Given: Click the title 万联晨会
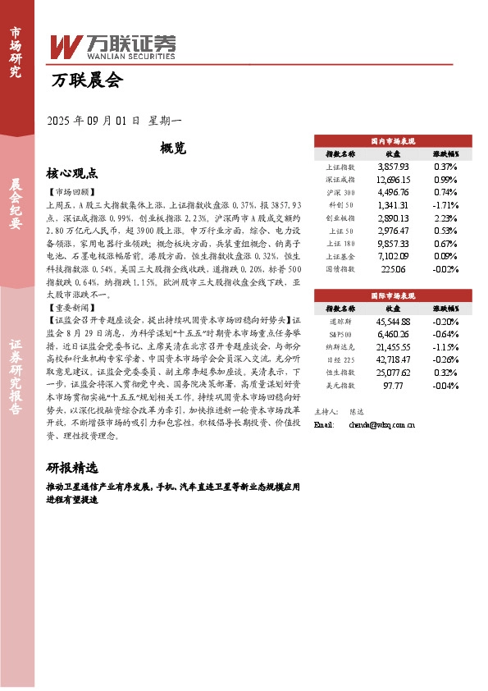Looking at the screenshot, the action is tap(87, 80).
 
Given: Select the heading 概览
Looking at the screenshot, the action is tap(174, 149).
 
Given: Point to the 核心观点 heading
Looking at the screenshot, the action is tap(73, 173).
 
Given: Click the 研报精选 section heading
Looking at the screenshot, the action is tap(73, 468).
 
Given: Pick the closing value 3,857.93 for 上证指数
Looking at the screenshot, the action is tap(393, 166).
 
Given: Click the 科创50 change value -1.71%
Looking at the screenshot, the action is tap(445, 205).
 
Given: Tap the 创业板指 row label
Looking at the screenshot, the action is tap(340, 218).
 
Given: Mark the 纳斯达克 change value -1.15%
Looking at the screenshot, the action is tap(445, 348).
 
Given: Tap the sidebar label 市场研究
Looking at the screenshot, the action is tap(16, 52).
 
